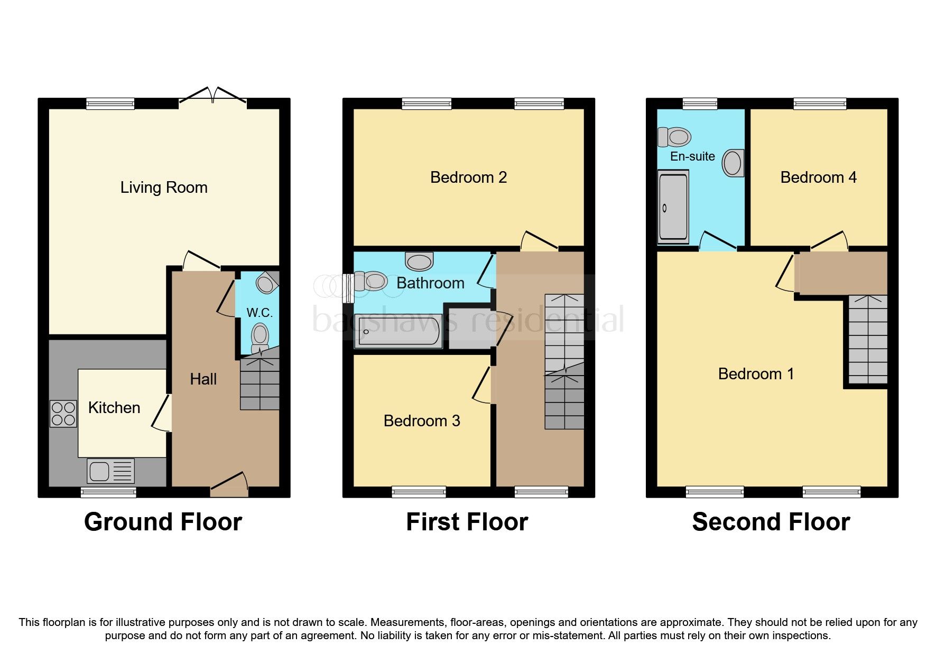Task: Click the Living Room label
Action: (163, 188)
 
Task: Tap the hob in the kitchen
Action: (63, 414)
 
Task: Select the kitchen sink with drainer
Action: (111, 471)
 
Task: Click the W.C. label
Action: (260, 313)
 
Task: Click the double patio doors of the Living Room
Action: (212, 97)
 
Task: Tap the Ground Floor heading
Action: (163, 522)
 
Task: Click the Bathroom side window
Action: (347, 288)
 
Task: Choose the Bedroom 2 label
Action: (468, 177)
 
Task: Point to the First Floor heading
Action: (467, 522)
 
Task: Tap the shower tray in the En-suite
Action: (673, 207)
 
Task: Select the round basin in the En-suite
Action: (733, 163)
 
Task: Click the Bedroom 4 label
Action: (818, 177)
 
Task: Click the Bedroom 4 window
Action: (820, 104)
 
